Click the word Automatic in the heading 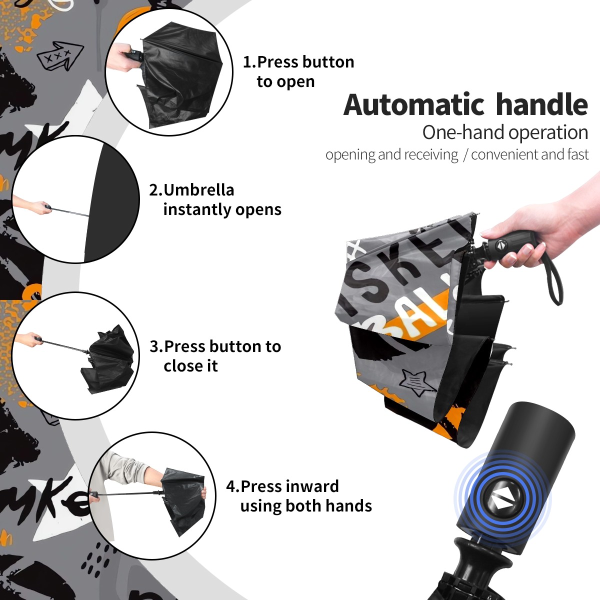[414, 105]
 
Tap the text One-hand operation [505, 132]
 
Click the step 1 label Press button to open [298, 71]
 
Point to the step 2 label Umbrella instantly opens [215, 199]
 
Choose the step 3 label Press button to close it [215, 356]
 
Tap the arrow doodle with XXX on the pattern [60, 55]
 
